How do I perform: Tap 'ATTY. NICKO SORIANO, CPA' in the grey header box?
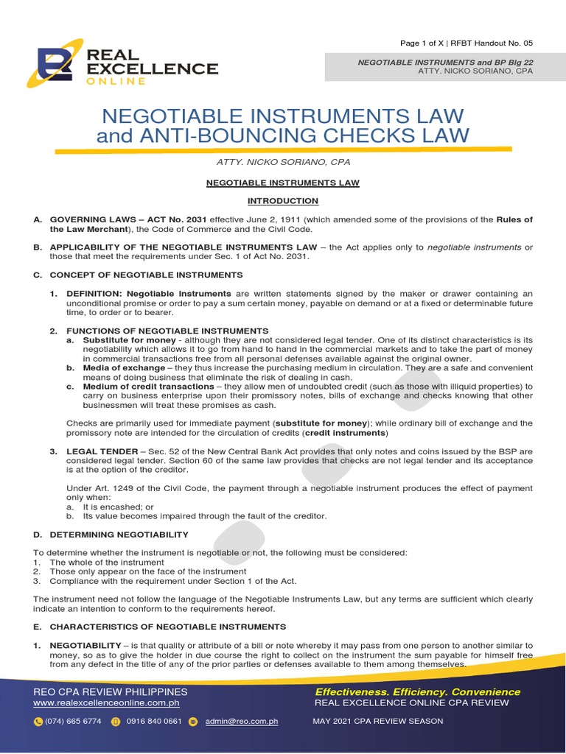(475, 71)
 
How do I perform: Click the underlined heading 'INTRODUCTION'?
(283, 201)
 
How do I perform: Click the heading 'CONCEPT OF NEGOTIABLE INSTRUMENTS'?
(146, 275)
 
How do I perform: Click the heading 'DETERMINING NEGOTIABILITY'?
(119, 534)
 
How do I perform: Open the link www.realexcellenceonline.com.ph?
(107, 702)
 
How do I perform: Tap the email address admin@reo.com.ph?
(241, 722)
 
